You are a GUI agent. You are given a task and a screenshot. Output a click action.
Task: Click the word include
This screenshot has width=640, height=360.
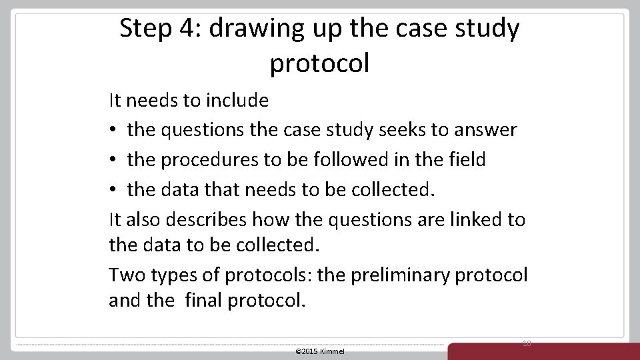[x=237, y=101]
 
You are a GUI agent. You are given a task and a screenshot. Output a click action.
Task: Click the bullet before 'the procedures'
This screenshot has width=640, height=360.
[x=114, y=161]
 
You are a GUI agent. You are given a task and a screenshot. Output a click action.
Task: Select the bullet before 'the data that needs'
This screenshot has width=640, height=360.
[x=114, y=190]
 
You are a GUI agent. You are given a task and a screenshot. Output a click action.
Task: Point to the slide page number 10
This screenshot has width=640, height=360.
[x=527, y=343]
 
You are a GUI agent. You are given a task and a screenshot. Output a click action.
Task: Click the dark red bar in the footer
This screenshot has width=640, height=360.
[x=543, y=351]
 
